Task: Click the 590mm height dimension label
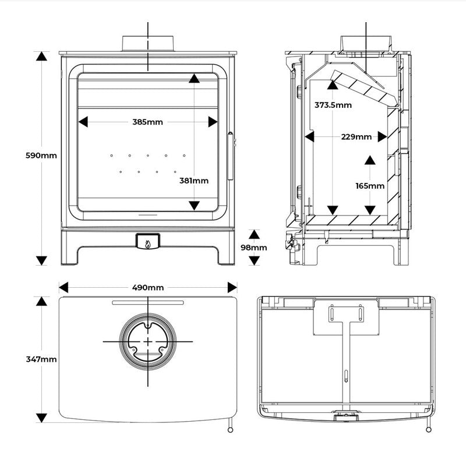click(41, 156)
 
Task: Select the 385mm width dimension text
click(147, 122)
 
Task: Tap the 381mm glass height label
click(194, 181)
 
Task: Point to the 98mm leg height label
click(254, 248)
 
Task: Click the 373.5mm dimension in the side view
click(333, 105)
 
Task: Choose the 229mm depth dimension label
click(356, 137)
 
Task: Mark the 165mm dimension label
click(370, 186)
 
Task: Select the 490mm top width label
click(147, 288)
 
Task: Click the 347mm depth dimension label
click(41, 359)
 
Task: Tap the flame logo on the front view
click(148, 242)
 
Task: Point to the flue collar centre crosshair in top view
click(148, 341)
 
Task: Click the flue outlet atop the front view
click(148, 44)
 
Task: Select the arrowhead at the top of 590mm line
click(41, 56)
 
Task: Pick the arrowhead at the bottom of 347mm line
click(41, 417)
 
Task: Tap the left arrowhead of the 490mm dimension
click(63, 288)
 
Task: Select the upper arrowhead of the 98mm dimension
click(254, 235)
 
